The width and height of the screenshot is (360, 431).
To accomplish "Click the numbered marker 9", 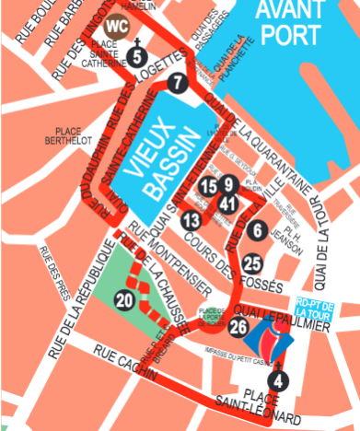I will (227, 183).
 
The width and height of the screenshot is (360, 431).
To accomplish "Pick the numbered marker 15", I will (208, 187).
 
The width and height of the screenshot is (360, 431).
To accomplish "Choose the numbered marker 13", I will (191, 220).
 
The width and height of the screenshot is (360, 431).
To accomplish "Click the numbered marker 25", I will (252, 264).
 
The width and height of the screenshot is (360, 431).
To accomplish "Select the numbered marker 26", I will (238, 325).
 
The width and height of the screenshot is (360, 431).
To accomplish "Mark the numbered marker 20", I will (123, 299).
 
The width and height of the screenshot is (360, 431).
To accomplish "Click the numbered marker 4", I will (280, 379).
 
